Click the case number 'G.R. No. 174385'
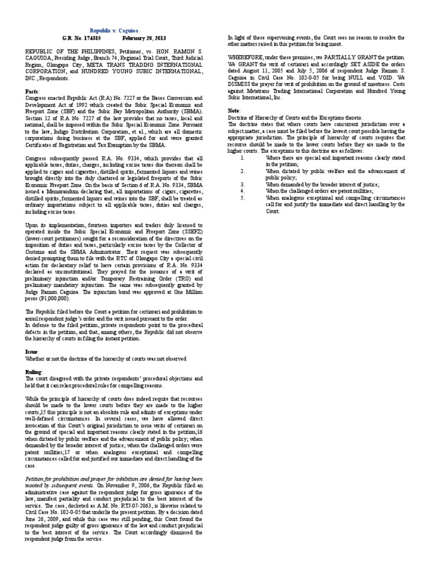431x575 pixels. pos(81,38)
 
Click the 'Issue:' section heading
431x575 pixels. pos(33,350)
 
